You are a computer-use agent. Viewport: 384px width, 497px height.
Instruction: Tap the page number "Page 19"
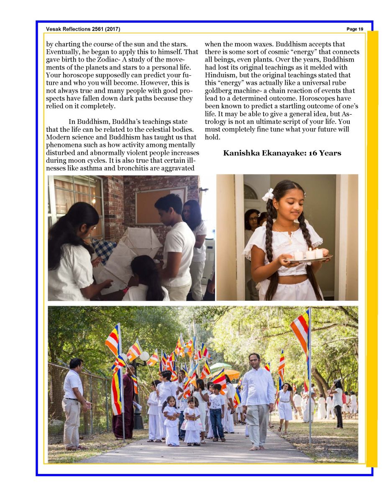[355, 29]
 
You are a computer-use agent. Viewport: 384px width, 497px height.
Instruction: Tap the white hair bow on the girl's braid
[268, 195]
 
